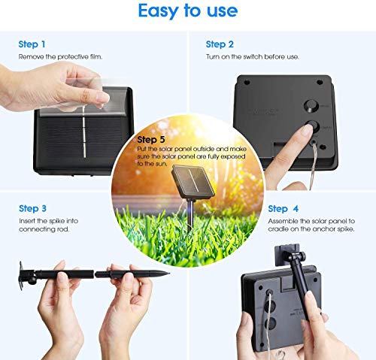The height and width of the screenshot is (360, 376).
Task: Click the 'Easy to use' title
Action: click(x=188, y=11)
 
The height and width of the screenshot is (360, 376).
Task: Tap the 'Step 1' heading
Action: click(x=32, y=44)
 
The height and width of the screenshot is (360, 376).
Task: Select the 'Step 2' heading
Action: click(x=220, y=44)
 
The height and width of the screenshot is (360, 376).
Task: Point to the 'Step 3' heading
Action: click(x=32, y=208)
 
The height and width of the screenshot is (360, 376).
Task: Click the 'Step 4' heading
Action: click(x=284, y=209)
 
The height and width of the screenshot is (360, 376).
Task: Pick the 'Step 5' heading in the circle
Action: click(x=151, y=140)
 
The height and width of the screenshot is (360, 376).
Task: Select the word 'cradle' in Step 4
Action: click(x=277, y=229)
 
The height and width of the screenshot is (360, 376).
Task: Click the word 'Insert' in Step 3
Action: click(x=27, y=221)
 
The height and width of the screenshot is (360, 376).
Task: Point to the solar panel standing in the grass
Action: click(x=193, y=182)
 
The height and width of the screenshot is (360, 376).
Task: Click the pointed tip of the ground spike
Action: click(x=168, y=273)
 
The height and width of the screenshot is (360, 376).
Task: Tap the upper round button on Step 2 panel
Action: click(x=311, y=106)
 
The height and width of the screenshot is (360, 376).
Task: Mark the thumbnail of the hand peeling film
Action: click(x=102, y=98)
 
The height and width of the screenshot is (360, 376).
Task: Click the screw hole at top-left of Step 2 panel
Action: click(x=247, y=82)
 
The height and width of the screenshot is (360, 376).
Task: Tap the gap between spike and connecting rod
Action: click(x=95, y=274)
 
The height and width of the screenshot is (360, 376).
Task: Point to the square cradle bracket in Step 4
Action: click(x=287, y=256)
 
